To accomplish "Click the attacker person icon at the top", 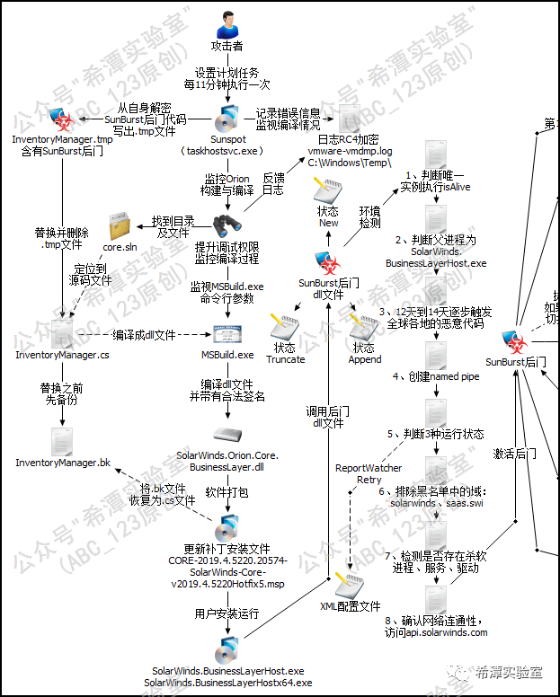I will pos(226,18).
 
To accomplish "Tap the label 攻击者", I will pos(226,46).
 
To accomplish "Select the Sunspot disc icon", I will pos(227,119).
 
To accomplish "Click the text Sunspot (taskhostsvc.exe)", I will pos(227,147).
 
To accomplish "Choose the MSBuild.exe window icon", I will pos(227,334).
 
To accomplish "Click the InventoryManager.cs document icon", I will pos(63,332).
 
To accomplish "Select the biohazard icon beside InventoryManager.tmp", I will pos(61,120).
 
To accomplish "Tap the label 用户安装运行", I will pos(227,613).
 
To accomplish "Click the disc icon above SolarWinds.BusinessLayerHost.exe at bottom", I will pos(227,648).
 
